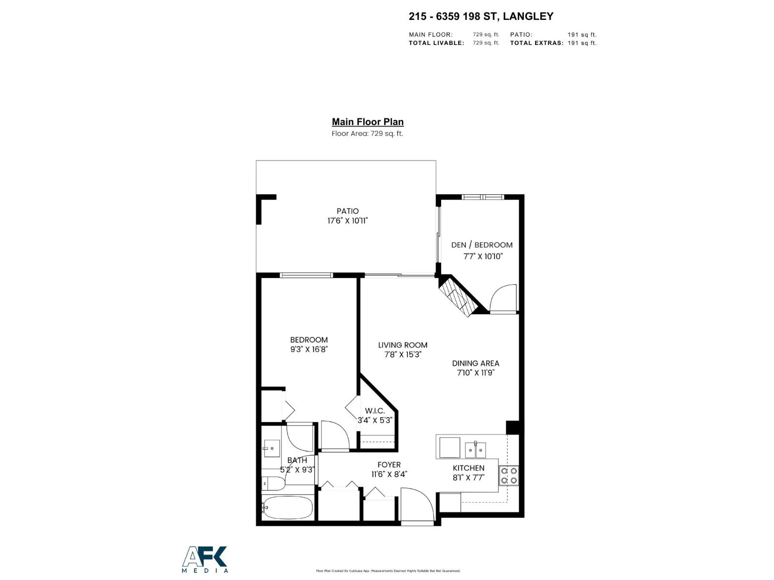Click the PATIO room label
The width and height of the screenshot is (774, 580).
click(347, 211)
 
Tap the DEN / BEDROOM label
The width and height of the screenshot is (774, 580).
click(482, 245)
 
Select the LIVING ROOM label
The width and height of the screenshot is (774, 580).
click(402, 345)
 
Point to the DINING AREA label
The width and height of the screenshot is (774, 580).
click(476, 363)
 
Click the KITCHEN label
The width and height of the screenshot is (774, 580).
click(468, 468)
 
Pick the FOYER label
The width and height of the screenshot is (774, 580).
click(389, 465)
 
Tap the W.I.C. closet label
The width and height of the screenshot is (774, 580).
click(375, 411)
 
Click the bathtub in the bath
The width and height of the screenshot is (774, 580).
click(287, 507)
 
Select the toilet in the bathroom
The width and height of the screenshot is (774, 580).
click(269, 483)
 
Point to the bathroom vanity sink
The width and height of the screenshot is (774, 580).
click(271, 449)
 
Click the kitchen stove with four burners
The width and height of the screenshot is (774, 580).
click(509, 476)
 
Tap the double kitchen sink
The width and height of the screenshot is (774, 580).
click(476, 450)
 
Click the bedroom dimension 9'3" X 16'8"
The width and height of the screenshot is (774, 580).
click(309, 349)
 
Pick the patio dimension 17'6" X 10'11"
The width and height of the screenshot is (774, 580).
click(347, 221)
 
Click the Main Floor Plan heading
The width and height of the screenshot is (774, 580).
click(368, 122)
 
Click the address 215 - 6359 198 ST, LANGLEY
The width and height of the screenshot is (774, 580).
click(481, 16)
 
